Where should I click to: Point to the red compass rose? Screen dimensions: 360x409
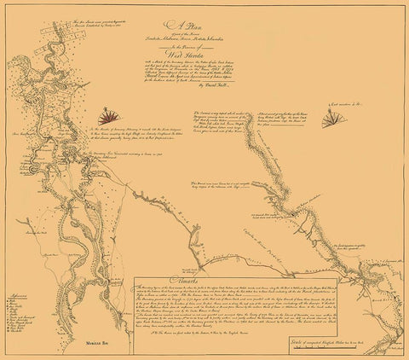(108, 114)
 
